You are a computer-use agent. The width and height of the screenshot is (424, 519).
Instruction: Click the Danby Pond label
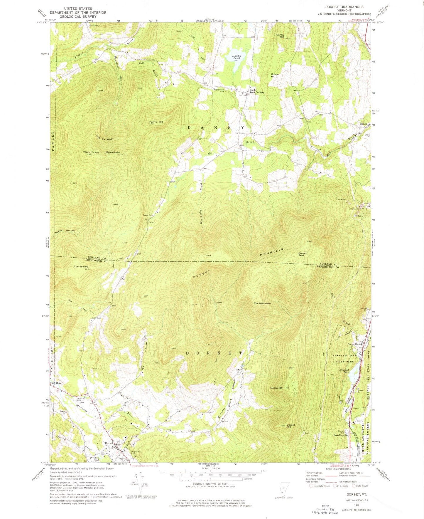(237, 57)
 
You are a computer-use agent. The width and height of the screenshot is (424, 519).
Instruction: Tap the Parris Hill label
(156, 122)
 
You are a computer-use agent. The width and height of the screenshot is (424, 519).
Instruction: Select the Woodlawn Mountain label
(101, 152)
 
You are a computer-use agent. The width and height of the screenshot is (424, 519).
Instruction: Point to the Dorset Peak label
(302, 254)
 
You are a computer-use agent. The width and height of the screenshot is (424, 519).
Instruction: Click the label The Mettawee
(262, 303)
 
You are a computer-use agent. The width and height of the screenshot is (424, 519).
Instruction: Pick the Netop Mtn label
(276, 388)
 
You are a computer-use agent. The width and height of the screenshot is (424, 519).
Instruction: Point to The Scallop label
(81, 266)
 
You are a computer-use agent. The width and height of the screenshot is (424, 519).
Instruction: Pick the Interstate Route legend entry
(320, 486)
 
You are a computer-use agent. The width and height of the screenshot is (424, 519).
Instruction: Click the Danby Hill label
(280, 36)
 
